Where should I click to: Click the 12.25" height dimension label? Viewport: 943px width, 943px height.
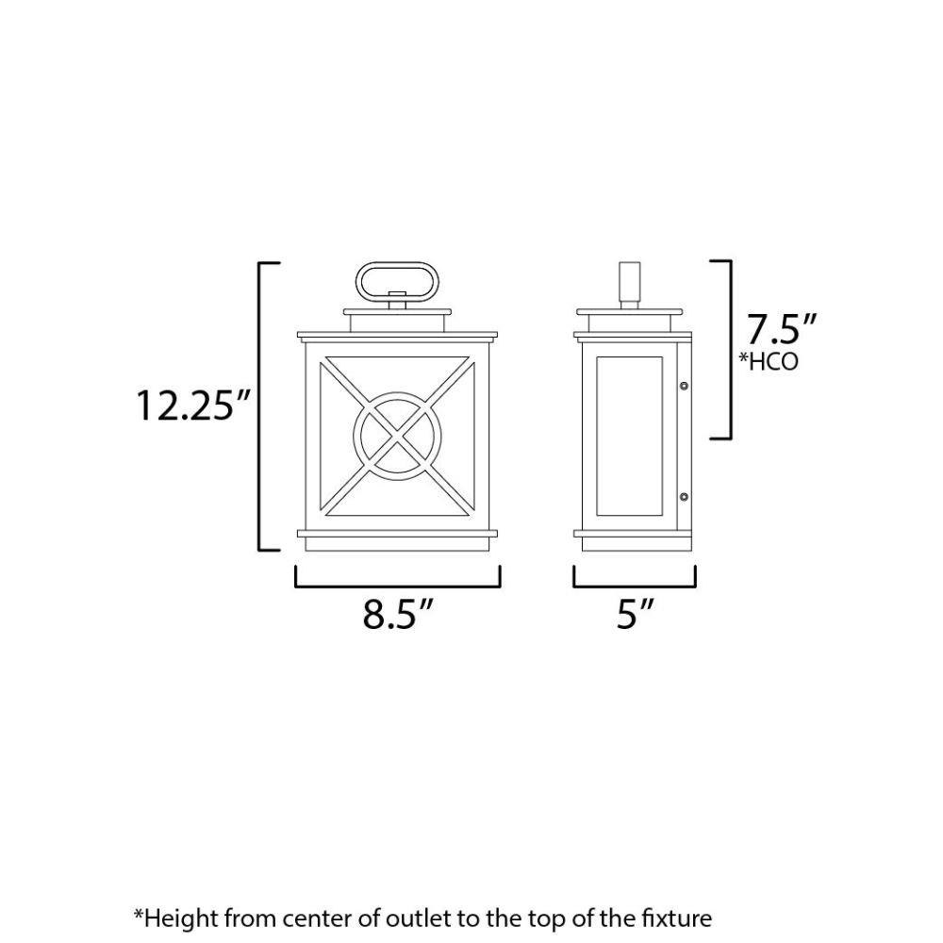193,405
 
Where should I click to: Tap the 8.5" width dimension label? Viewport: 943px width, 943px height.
398,614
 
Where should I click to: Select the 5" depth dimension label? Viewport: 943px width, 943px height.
635,614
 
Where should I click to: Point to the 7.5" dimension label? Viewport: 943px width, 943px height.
781,329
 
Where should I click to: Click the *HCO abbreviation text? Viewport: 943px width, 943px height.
769,361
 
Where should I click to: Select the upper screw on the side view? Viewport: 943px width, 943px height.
683,385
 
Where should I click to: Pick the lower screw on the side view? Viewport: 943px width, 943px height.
683,497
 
